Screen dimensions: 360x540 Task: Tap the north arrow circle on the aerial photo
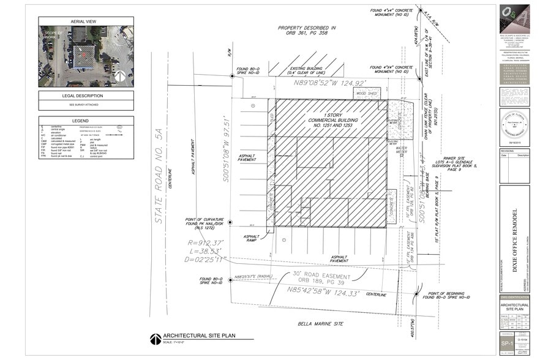[x=121, y=76]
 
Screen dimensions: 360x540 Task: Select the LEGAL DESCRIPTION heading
[x=86, y=96]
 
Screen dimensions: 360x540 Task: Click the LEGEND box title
[x=86, y=121]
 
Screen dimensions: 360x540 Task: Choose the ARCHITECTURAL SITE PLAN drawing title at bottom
[x=200, y=336]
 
